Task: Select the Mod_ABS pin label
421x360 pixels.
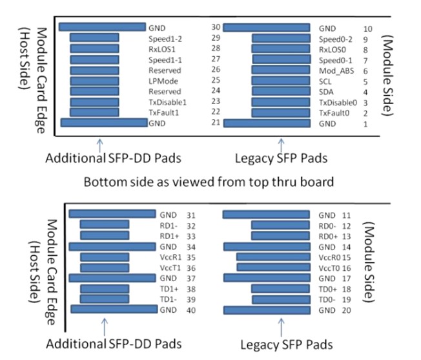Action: click(x=334, y=70)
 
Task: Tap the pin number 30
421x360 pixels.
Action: click(x=216, y=28)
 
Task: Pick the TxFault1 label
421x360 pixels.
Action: click(x=163, y=112)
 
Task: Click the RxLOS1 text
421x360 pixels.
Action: click(x=163, y=48)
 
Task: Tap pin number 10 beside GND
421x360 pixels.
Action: click(x=368, y=28)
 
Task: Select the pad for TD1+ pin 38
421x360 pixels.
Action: click(x=105, y=288)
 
